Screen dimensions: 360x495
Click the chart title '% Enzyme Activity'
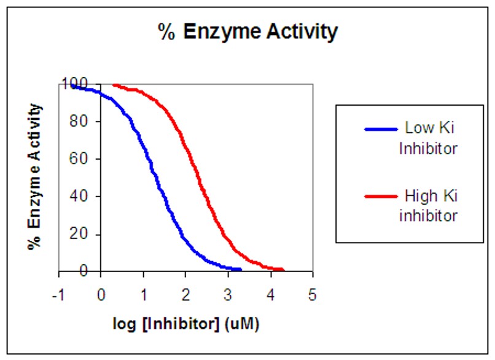click(247, 32)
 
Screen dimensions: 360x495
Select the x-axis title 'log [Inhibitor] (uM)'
click(185, 324)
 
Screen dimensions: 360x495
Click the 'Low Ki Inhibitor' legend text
click(431, 138)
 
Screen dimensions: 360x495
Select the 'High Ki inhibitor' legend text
click(431, 206)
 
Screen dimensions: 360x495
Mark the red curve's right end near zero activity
click(281, 270)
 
